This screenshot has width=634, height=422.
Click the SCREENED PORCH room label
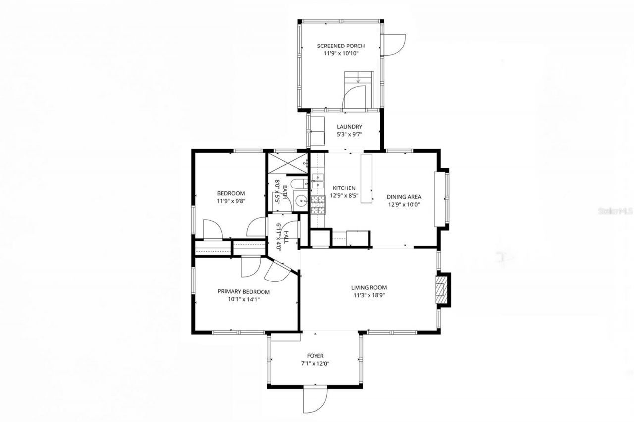[x=341, y=46]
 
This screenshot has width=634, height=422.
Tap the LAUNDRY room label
[x=350, y=127]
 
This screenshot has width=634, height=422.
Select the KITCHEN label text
[x=344, y=188]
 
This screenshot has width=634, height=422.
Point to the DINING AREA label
[x=404, y=197]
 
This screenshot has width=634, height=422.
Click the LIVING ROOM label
[x=369, y=287]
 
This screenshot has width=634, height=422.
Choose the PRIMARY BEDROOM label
[x=244, y=292]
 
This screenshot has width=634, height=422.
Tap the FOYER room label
[x=315, y=356]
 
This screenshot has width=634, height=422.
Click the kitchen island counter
[x=367, y=178]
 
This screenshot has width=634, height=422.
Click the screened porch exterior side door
[x=395, y=45]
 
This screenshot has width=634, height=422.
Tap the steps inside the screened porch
[x=358, y=78]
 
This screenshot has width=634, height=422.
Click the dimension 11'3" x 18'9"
[x=369, y=296]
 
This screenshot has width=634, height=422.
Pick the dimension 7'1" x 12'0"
[x=315, y=364]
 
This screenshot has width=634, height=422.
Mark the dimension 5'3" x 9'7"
[x=350, y=135]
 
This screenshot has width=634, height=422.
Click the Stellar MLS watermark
[x=616, y=211]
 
